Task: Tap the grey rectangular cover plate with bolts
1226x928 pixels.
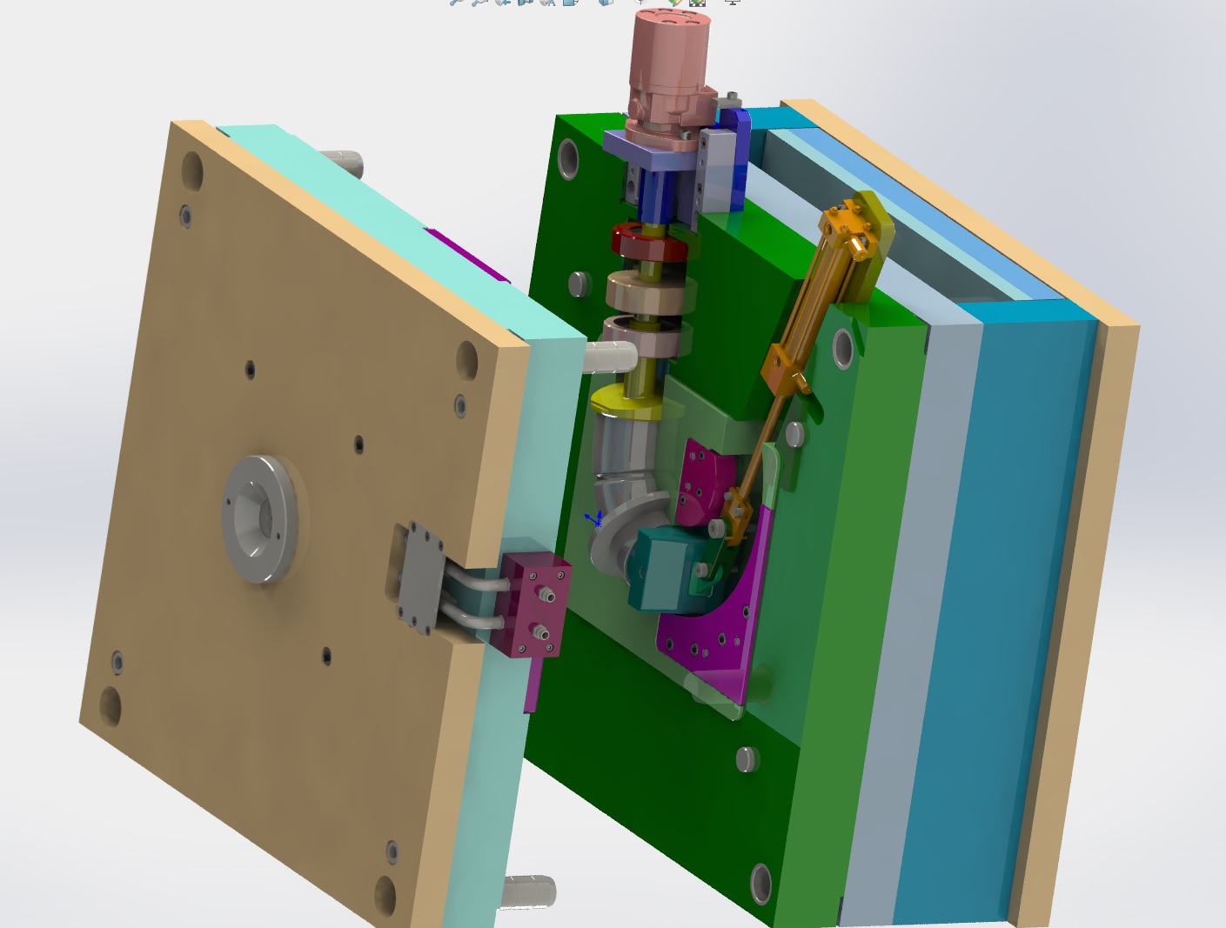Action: pos(415,577)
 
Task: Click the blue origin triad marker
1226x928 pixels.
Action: pos(595,520)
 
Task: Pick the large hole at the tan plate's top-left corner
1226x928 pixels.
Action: pos(192,170)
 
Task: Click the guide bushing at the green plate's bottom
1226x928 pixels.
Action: pos(760,883)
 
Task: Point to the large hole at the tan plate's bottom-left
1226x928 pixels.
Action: pos(111,705)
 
